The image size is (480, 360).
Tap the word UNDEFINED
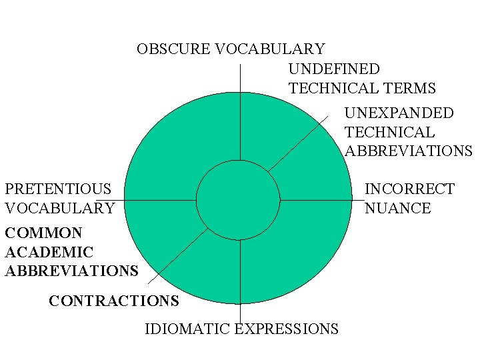[334, 69]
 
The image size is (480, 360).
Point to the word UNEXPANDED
[399, 113]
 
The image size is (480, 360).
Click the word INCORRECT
[409, 189]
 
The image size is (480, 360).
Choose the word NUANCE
[397, 208]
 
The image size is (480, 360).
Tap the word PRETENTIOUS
[58, 189]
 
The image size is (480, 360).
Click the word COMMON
[43, 233]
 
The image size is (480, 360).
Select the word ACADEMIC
[49, 252]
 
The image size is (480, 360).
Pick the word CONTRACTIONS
[114, 301]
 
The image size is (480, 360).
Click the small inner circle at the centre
[238, 200]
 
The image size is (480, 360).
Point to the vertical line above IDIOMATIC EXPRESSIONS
[240, 280]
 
